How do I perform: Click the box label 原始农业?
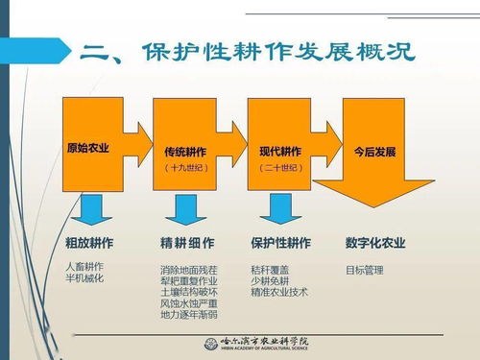coord(88,150)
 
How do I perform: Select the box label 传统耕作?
coord(186,152)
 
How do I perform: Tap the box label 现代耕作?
coord(280,152)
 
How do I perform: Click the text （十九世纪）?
coord(186,167)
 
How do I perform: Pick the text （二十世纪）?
coord(280,167)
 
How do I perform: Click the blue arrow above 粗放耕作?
coord(92,209)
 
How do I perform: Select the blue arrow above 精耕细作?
coord(184,209)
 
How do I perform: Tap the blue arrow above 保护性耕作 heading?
coord(279,209)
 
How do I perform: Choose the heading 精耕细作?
coord(187,243)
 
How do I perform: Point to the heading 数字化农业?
coord(376,243)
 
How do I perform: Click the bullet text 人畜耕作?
coord(84,266)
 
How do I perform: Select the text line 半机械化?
coord(84,277)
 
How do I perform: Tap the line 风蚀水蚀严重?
coord(189,303)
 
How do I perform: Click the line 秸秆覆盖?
coord(270,270)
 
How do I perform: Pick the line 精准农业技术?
coord(279,292)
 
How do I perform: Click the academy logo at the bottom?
coord(262,344)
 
